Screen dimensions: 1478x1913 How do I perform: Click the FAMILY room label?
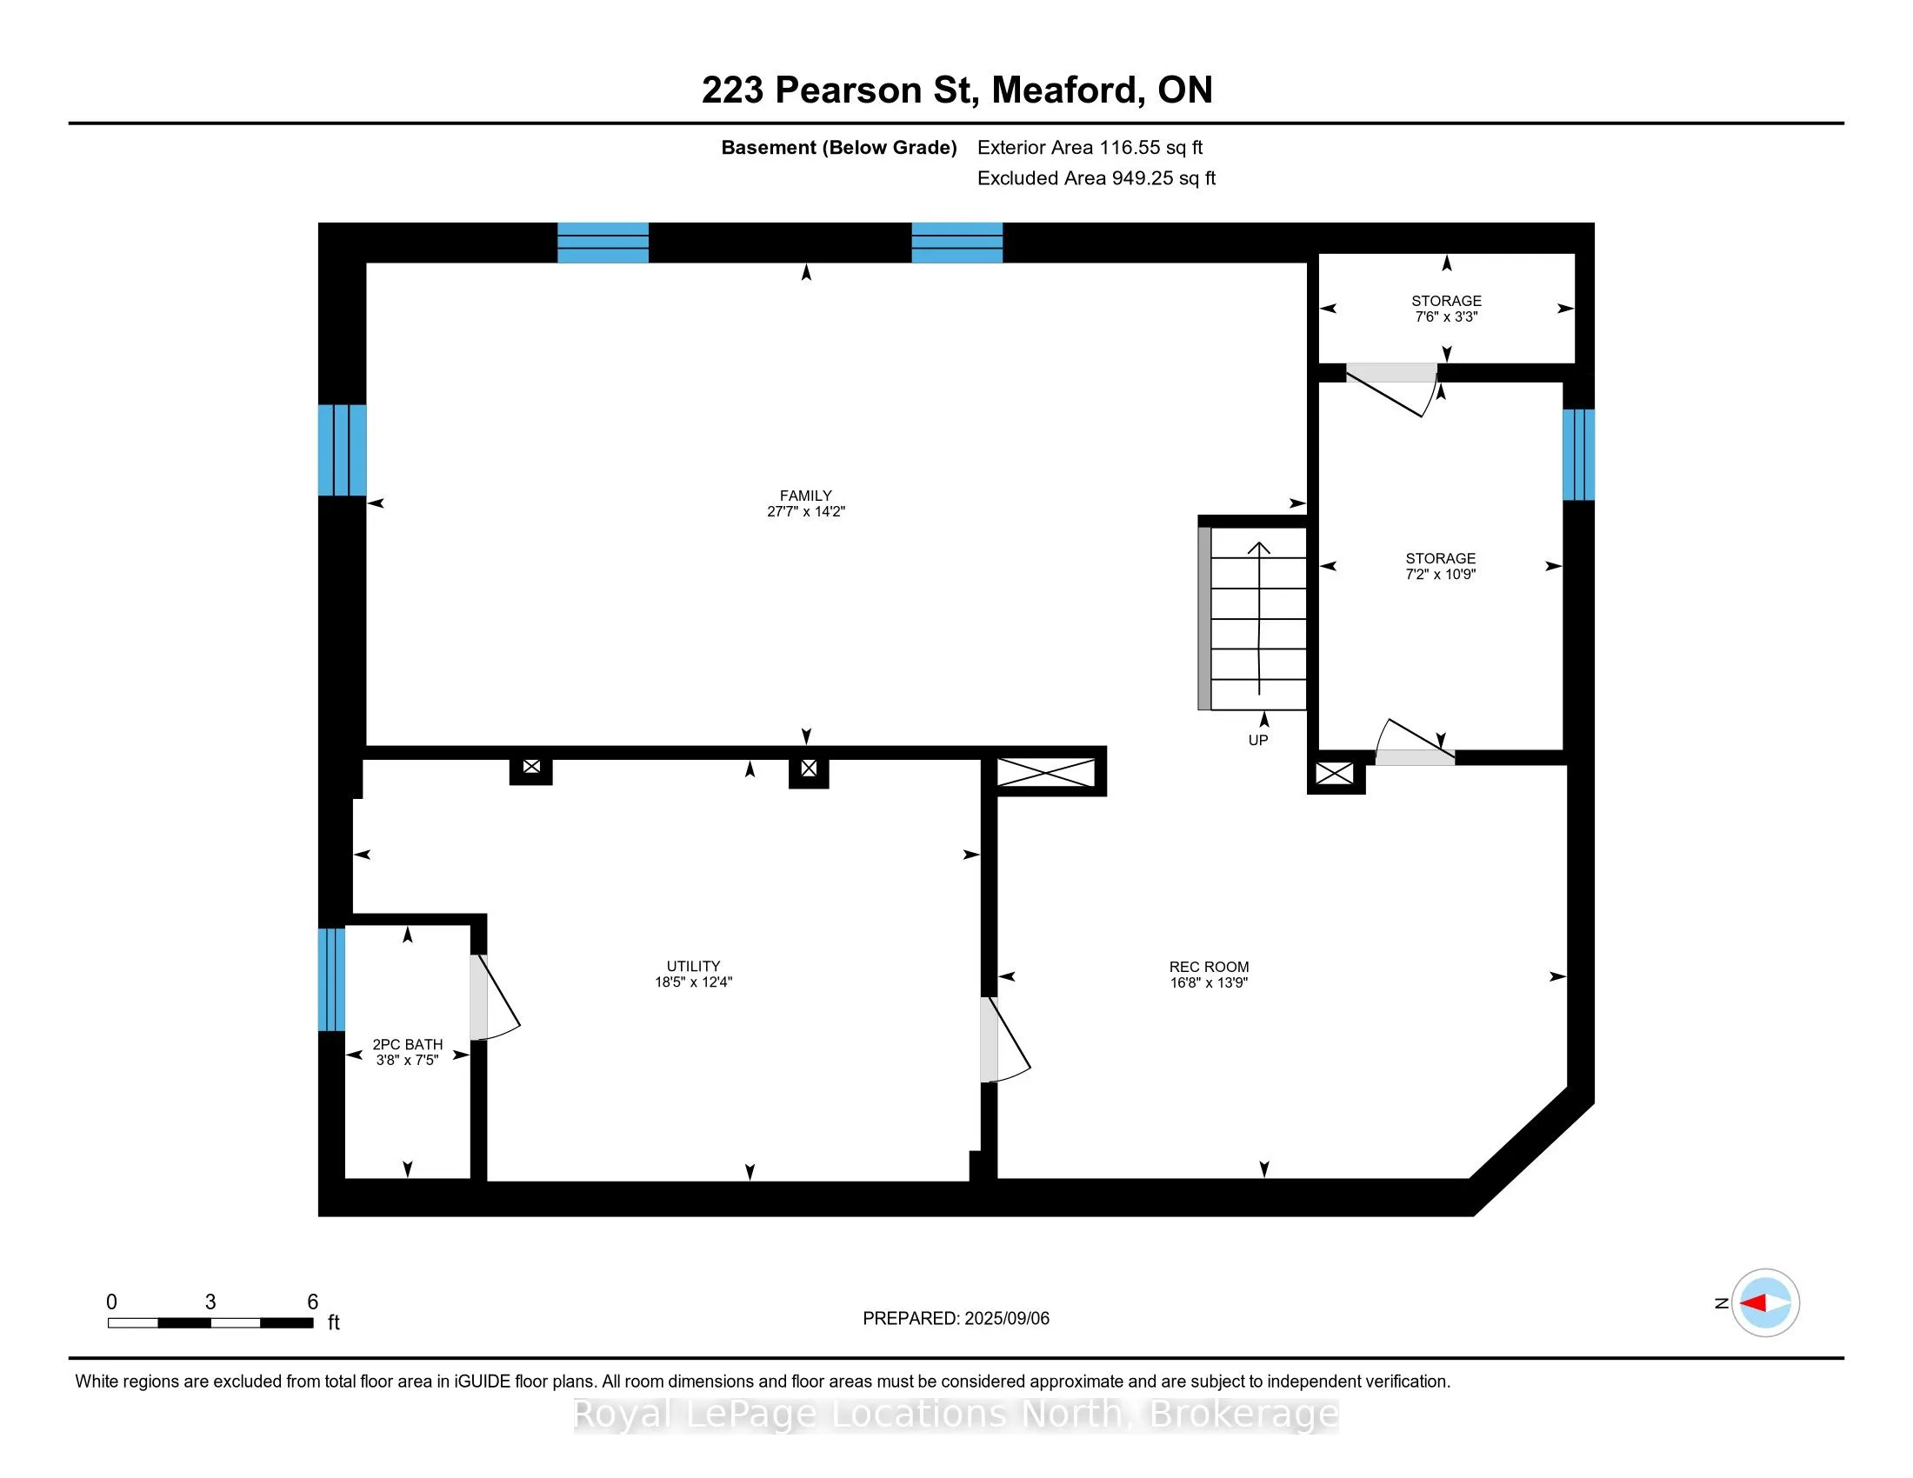click(805, 495)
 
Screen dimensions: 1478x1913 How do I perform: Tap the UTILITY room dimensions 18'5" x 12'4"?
click(693, 982)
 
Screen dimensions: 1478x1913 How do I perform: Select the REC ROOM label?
click(1208, 967)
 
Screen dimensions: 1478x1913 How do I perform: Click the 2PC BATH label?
click(407, 1043)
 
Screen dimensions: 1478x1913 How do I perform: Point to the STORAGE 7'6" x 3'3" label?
click(1445, 309)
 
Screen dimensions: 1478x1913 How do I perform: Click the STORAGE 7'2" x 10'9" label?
click(1440, 566)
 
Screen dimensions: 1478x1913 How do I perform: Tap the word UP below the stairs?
click(1257, 740)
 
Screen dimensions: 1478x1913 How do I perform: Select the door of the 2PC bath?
click(492, 998)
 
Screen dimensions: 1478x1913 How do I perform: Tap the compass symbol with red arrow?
click(1764, 1302)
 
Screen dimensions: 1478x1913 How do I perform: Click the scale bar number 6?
click(312, 1302)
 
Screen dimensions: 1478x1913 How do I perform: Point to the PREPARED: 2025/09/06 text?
click(955, 1318)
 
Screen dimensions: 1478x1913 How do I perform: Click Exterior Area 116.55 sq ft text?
click(1089, 147)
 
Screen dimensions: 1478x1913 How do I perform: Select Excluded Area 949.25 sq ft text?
click(1096, 177)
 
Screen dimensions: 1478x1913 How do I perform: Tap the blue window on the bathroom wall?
click(331, 979)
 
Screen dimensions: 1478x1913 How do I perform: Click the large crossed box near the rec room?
click(1046, 772)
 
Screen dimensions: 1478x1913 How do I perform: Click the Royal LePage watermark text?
click(955, 1413)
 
